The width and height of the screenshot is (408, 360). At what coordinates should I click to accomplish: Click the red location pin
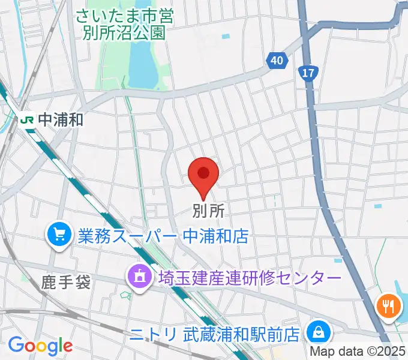(x=203, y=175)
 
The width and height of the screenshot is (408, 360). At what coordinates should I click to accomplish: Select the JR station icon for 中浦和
(x=27, y=119)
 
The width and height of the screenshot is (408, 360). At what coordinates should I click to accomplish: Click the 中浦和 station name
(x=60, y=119)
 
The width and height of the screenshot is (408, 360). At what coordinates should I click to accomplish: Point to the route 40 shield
(x=275, y=61)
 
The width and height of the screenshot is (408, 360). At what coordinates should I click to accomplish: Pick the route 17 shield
(x=308, y=73)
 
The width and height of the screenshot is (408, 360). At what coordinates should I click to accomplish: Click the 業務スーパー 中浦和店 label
(x=163, y=235)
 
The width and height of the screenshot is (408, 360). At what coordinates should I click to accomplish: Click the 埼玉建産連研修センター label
(x=250, y=278)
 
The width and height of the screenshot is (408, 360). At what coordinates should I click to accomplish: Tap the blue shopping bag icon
(x=316, y=331)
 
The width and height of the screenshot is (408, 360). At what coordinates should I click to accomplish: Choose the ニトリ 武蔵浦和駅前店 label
(x=215, y=332)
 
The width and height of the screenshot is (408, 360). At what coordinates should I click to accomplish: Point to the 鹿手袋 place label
(x=66, y=282)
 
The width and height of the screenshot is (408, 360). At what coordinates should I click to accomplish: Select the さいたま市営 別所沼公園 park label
(x=125, y=24)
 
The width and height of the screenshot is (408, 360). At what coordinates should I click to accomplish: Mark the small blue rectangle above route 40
(x=225, y=37)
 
